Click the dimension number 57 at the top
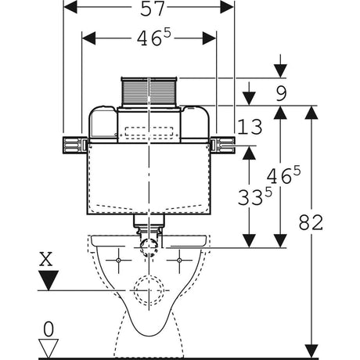click(153, 9)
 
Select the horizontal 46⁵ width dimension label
click(154, 38)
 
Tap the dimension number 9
click(281, 93)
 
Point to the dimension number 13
click(250, 127)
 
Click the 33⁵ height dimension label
click(255, 196)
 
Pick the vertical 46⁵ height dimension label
click(283, 175)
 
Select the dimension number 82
click(311, 222)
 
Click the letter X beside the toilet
click(46, 259)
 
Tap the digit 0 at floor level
click(49, 329)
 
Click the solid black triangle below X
click(49, 280)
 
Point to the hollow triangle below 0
click(49, 348)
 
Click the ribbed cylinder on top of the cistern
click(149, 92)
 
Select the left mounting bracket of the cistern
click(75, 145)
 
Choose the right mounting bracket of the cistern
click(222, 145)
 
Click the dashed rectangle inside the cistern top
click(149, 131)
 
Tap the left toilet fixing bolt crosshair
click(118, 260)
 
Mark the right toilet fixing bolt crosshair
click(179, 260)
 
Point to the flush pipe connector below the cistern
click(149, 224)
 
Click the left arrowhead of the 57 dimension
click(70, 7)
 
